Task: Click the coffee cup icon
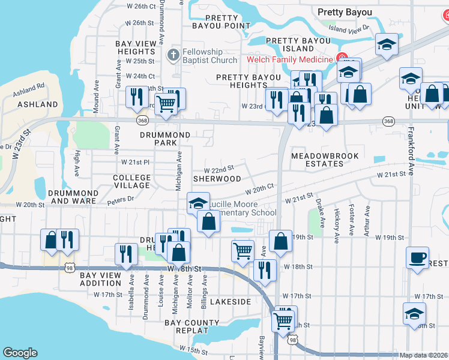(x=417, y=258)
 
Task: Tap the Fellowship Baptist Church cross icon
(x=173, y=55)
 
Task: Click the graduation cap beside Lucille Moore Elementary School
(x=197, y=203)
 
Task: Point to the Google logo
(x=20, y=353)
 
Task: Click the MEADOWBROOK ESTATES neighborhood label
(x=325, y=160)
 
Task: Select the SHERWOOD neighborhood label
(x=217, y=179)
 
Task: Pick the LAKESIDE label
(x=231, y=301)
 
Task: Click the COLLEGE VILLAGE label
(x=131, y=181)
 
